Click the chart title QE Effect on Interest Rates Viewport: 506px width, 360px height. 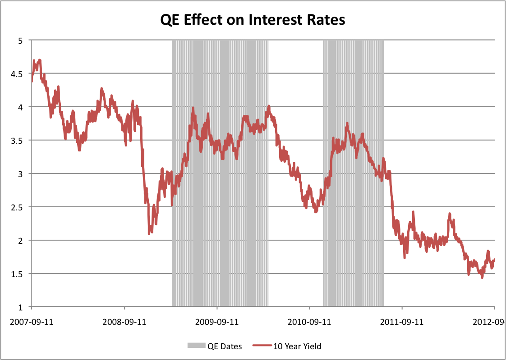pos(253,20)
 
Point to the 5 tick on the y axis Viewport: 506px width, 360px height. pos(20,40)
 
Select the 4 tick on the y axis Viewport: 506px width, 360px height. pos(20,107)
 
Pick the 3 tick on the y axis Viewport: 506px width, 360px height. pos(20,173)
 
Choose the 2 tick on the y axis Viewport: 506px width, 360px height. pos(20,240)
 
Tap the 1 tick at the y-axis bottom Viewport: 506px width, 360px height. pos(20,307)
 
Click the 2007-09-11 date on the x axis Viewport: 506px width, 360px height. pos(32,322)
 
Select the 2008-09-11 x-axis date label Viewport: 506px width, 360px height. pos(124,322)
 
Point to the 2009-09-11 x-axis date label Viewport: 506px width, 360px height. pos(217,322)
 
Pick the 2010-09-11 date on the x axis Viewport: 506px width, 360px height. pos(310,322)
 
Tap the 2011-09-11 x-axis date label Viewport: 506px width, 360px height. pos(402,322)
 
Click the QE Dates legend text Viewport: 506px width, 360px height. pos(225,346)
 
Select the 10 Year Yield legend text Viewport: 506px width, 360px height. pos(297,346)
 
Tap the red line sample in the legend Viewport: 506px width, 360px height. pos(262,346)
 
